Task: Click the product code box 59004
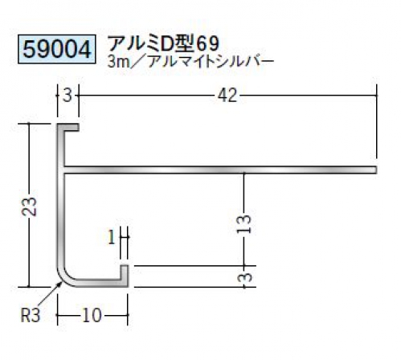pyautogui.click(x=57, y=49)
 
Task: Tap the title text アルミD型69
pyautogui.click(x=164, y=43)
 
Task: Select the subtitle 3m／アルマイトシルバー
pyautogui.click(x=190, y=62)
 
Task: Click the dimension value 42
pyautogui.click(x=227, y=96)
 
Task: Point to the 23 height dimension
pyautogui.click(x=30, y=207)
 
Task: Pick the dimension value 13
pyautogui.click(x=244, y=223)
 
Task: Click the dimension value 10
pyautogui.click(x=92, y=315)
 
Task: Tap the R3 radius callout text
pyautogui.click(x=31, y=315)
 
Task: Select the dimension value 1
pyautogui.click(x=112, y=237)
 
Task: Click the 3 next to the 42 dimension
pyautogui.click(x=68, y=96)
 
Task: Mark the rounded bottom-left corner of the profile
pyautogui.click(x=63, y=279)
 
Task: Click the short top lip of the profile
pyautogui.click(x=68, y=127)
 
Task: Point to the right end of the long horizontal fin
pyautogui.click(x=376, y=170)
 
